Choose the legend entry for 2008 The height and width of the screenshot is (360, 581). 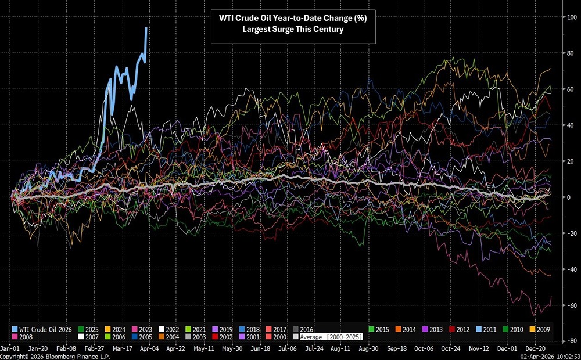tap(23, 337)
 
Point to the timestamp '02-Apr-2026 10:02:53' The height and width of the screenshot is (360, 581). tap(546, 355)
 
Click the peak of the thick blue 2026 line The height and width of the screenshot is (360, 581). tap(146, 28)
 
